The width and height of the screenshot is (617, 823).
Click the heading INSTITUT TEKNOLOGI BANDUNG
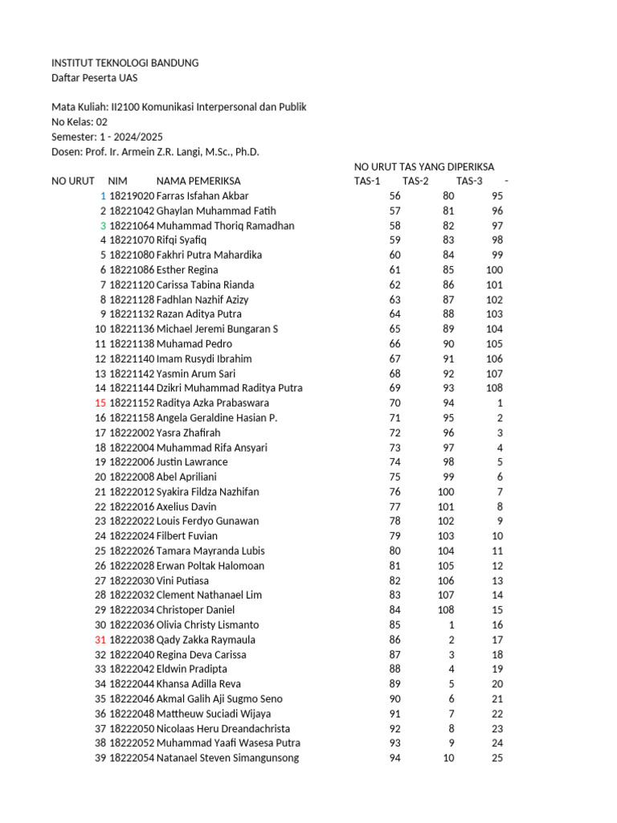tap(125, 63)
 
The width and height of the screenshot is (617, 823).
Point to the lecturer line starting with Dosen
tap(156, 151)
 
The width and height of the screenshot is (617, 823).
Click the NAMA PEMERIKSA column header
tap(198, 181)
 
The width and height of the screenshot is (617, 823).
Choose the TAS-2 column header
tap(415, 181)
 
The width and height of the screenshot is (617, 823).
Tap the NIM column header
tap(118, 181)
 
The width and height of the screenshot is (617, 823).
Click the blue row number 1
tap(103, 196)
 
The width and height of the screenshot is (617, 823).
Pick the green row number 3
tap(103, 226)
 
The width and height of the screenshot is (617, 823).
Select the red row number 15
tap(100, 403)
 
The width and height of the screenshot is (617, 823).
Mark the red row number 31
tap(100, 640)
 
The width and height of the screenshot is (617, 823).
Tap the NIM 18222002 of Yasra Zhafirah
tap(131, 432)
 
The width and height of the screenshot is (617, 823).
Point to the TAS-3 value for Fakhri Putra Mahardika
tap(496, 255)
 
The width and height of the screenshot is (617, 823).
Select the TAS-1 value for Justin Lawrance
tap(394, 462)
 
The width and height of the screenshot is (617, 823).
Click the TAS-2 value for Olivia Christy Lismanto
tap(451, 624)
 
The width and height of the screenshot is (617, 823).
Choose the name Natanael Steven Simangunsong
tap(227, 758)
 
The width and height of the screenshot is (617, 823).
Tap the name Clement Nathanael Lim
tap(209, 595)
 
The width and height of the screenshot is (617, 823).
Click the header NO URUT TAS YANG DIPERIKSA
tap(424, 166)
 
